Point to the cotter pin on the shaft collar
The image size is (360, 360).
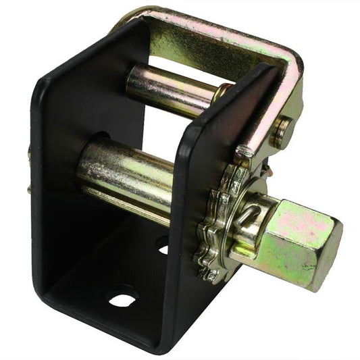(249, 215)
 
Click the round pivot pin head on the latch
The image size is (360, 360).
(282, 132)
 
